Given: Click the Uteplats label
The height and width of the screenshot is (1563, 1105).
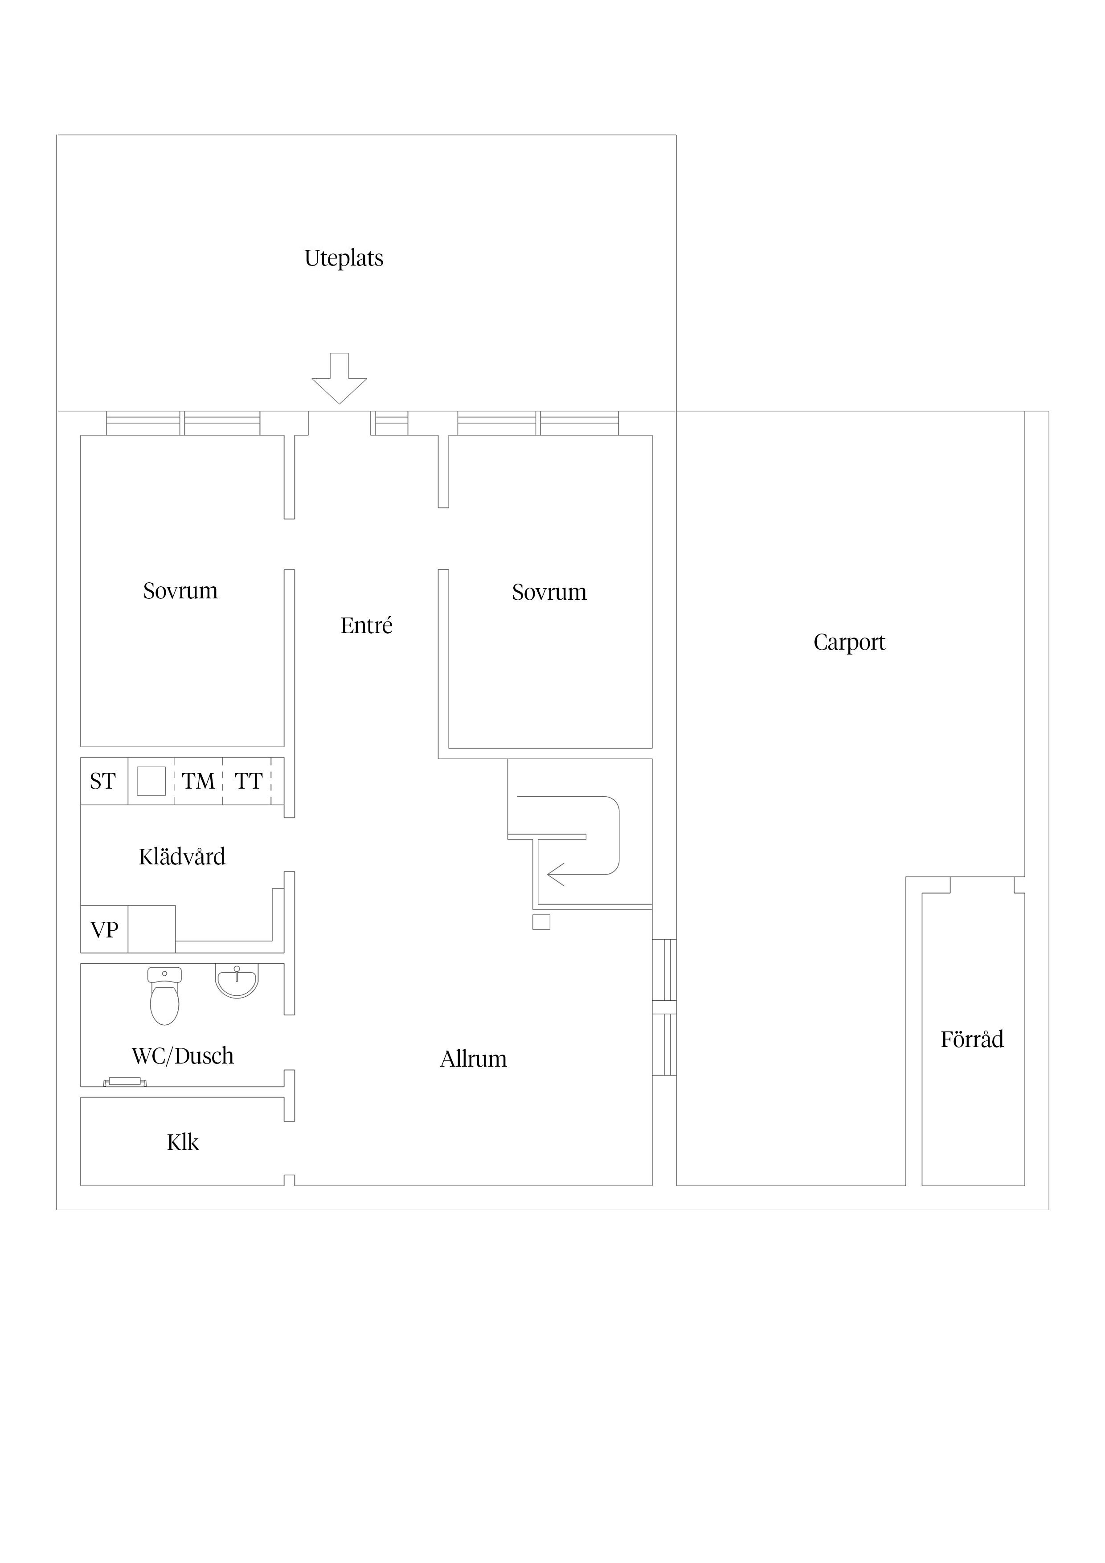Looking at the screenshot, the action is (344, 259).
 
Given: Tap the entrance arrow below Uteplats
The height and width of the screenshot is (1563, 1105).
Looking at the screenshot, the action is (339, 378).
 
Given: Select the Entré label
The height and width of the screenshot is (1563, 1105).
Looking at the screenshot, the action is (366, 625).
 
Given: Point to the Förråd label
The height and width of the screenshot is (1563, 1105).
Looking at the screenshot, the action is (972, 1039).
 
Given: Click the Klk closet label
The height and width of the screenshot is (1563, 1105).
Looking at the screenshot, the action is (183, 1142).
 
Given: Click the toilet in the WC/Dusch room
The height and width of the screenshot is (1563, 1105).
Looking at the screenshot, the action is (164, 995).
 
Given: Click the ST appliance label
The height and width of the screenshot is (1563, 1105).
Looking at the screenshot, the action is (103, 781).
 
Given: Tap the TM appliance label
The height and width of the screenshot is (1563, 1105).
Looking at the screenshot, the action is (198, 781).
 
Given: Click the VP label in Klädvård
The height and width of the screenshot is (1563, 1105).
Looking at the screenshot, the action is (104, 929).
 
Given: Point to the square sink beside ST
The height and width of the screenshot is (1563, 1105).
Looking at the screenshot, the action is (151, 781).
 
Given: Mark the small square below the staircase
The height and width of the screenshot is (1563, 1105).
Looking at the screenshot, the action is (541, 922).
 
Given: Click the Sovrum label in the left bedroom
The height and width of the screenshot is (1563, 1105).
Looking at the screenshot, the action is (180, 591).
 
